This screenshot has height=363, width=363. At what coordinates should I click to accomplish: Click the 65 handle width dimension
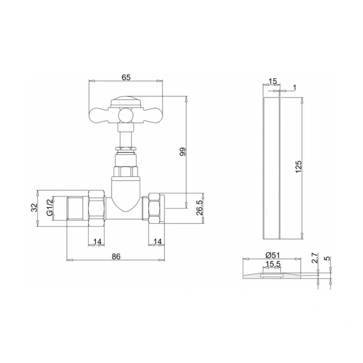click(x=126, y=77)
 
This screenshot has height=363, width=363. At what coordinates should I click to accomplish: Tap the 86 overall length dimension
click(x=116, y=256)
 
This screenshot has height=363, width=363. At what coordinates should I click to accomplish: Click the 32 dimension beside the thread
click(x=35, y=207)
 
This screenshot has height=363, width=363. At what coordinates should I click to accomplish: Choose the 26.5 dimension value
click(x=200, y=208)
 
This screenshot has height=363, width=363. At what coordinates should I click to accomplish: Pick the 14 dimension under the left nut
click(x=97, y=242)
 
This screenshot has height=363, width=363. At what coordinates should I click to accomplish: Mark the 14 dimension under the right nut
click(x=158, y=242)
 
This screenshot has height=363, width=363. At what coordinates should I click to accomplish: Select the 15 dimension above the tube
click(x=272, y=81)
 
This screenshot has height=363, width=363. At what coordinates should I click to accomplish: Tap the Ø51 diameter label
click(x=273, y=255)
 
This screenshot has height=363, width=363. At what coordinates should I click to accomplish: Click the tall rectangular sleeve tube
click(x=271, y=168)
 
